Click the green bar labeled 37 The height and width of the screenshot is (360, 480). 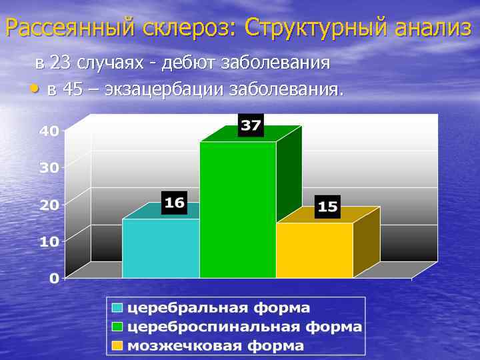tap(238, 209)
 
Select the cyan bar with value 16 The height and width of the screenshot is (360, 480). tap(161, 247)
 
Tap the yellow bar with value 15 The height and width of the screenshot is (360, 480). tap(315, 250)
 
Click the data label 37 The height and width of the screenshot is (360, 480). tap(251, 125)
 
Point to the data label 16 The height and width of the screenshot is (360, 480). tap(174, 202)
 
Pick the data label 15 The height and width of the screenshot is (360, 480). tap(327, 206)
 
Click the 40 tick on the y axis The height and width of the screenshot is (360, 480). tap(49, 131)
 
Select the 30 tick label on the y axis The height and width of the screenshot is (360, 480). tap(49, 167)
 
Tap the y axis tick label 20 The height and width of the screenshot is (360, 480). tap(49, 205)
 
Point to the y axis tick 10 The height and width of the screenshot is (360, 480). tap(49, 241)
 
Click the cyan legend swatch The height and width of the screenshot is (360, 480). tap(117, 308)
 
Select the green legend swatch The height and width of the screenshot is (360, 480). tap(117, 327)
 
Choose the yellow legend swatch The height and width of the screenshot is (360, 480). tap(117, 345)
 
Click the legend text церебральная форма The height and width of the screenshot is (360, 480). tap(219, 308)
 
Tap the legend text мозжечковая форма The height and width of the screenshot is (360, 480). tap(215, 345)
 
